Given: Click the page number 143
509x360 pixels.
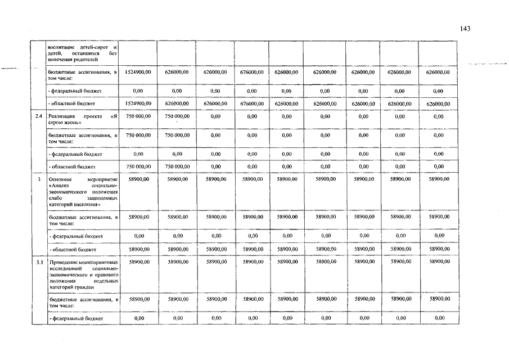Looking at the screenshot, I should point(464,29).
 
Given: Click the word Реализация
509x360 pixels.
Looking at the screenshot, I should point(62,117).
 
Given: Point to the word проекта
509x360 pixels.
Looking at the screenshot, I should point(94,117).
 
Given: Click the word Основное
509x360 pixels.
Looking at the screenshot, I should point(60,179).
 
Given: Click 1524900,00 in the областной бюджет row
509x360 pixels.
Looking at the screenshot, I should point(138,104).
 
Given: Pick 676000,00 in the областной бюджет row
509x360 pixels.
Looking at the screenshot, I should point(251,104).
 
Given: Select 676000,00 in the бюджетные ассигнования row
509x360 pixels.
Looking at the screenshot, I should point(251,73).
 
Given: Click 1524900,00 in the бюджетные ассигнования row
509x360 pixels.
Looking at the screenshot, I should point(138,73).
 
